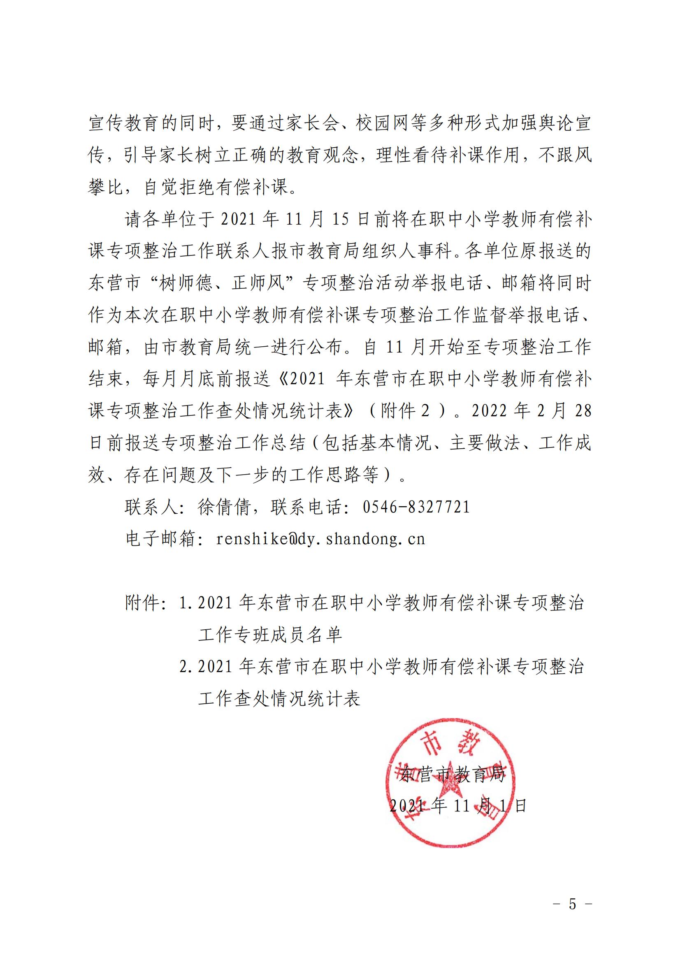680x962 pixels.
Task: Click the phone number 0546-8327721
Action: point(416,507)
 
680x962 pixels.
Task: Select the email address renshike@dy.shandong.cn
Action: point(320,539)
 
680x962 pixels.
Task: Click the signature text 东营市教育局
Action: point(453,774)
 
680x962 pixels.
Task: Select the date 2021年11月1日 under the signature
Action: point(457,805)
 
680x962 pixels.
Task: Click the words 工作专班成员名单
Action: point(270,635)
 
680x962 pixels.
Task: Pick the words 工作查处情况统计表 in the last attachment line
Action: point(279,699)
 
